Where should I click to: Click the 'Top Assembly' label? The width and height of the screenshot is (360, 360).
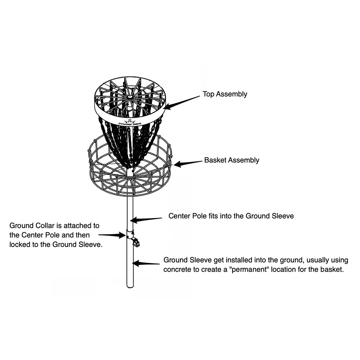225,94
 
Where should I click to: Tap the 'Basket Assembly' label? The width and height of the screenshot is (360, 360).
231,160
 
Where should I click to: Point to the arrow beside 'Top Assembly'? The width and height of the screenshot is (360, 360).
182,102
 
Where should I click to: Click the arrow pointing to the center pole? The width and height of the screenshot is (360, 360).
146,219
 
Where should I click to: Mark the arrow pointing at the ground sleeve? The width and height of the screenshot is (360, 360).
147,263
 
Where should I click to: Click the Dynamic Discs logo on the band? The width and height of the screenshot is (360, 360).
130,122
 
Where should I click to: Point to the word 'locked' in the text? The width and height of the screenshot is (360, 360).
20,244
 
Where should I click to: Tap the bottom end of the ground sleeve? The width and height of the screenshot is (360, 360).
130,286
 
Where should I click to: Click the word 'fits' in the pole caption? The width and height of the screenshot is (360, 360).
215,216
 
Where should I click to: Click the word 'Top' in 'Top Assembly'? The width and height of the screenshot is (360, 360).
208,94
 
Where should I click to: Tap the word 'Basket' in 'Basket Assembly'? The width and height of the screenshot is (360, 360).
215,160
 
